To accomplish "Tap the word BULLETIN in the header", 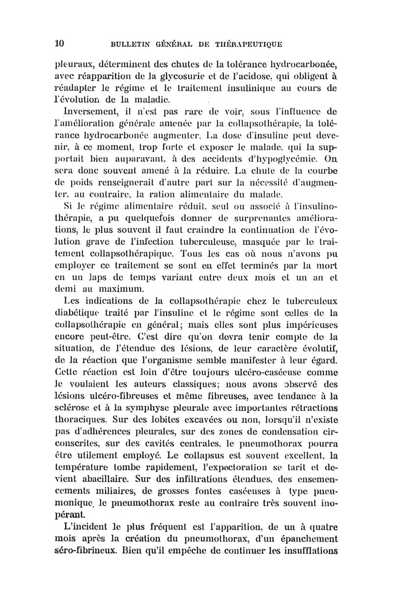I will tap(131, 44).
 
